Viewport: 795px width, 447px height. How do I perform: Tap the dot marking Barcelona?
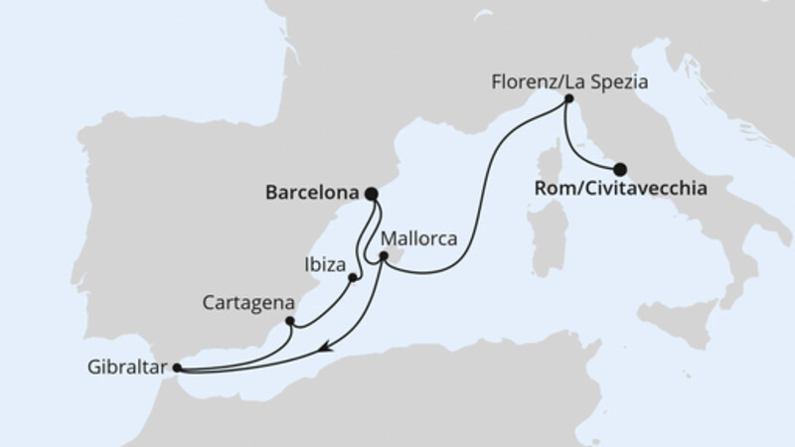click(372, 194)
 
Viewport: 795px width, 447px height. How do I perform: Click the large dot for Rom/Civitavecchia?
click(621, 169)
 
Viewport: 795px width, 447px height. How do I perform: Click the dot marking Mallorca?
click(384, 256)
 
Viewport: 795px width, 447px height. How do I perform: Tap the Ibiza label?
click(326, 265)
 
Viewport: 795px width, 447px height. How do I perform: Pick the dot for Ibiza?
click(353, 278)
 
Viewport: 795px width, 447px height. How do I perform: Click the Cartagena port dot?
click(289, 321)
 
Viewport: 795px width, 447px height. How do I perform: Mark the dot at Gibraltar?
click(177, 368)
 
